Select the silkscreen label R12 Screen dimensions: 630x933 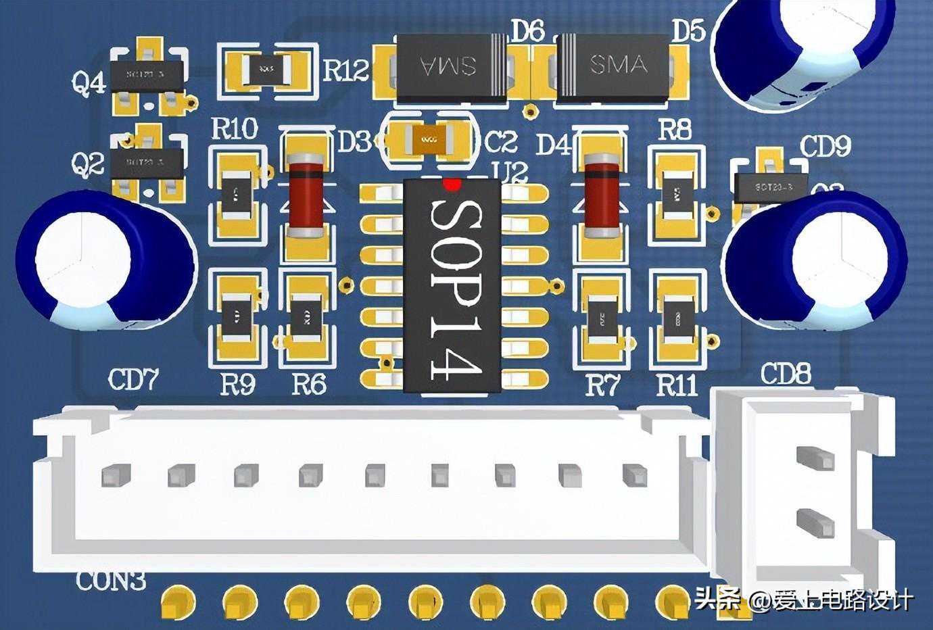point(346,70)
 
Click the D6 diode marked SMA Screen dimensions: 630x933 point(450,66)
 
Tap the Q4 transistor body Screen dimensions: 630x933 point(147,76)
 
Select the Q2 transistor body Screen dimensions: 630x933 point(147,163)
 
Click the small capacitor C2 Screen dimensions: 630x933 point(429,140)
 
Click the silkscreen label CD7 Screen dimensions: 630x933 point(133,381)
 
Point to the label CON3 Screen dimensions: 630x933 point(112,581)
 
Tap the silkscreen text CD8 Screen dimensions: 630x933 point(786,374)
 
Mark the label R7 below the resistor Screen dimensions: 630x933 point(602,386)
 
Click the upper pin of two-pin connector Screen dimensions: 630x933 point(815,457)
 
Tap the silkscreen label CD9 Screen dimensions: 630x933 point(825,147)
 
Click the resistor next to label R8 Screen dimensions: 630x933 point(673,195)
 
